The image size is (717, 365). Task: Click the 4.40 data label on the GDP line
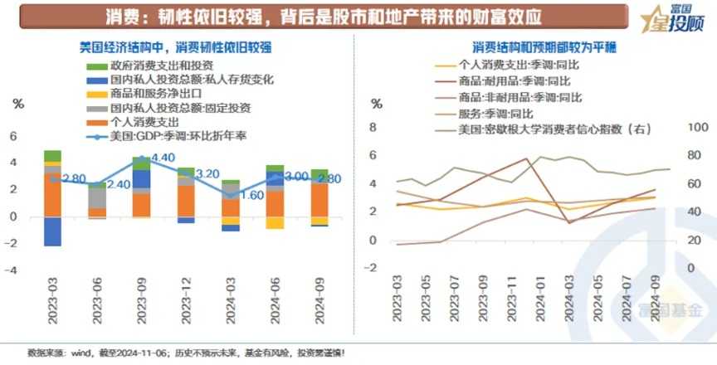[163, 158]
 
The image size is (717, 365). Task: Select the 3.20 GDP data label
[207, 174]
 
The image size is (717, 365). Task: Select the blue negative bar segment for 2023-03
[53, 231]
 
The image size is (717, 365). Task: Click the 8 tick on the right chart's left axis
[373, 127]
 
